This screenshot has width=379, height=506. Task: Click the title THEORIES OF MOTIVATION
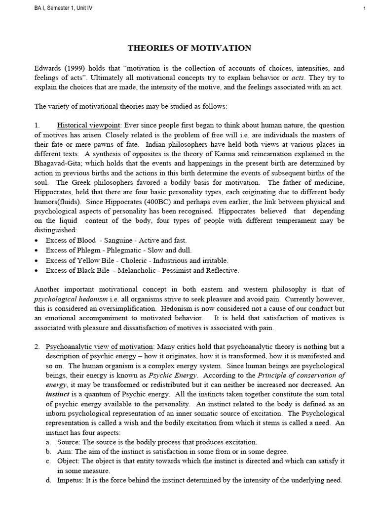tap(189, 48)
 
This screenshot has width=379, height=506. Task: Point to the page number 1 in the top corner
tap(364, 7)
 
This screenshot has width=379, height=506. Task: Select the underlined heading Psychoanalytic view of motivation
tap(100, 346)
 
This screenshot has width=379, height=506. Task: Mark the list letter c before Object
tap(48, 462)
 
